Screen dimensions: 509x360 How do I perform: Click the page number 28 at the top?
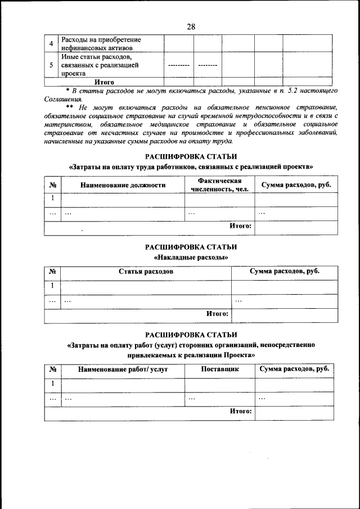tap(191, 26)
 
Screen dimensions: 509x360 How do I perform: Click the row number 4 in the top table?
tap(52, 43)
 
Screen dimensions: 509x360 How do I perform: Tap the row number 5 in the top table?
tap(52, 65)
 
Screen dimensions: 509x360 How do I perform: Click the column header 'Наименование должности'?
tap(123, 185)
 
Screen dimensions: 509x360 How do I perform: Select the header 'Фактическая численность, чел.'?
tap(219, 185)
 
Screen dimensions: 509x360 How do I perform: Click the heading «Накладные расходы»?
tap(191, 257)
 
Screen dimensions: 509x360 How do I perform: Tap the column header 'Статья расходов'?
tap(146, 272)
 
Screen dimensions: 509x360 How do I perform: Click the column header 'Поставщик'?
tap(219, 370)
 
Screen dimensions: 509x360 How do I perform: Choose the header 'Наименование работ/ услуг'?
tap(123, 370)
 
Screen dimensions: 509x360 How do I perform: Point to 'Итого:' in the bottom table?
tap(241, 411)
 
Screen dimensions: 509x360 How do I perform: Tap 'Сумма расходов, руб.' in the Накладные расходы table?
tap(285, 272)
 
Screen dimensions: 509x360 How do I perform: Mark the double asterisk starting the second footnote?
tap(70, 107)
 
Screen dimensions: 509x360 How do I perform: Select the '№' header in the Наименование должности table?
tap(52, 185)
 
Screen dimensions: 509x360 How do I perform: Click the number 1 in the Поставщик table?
tap(52, 384)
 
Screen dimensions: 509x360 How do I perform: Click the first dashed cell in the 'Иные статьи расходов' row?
tap(178, 66)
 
